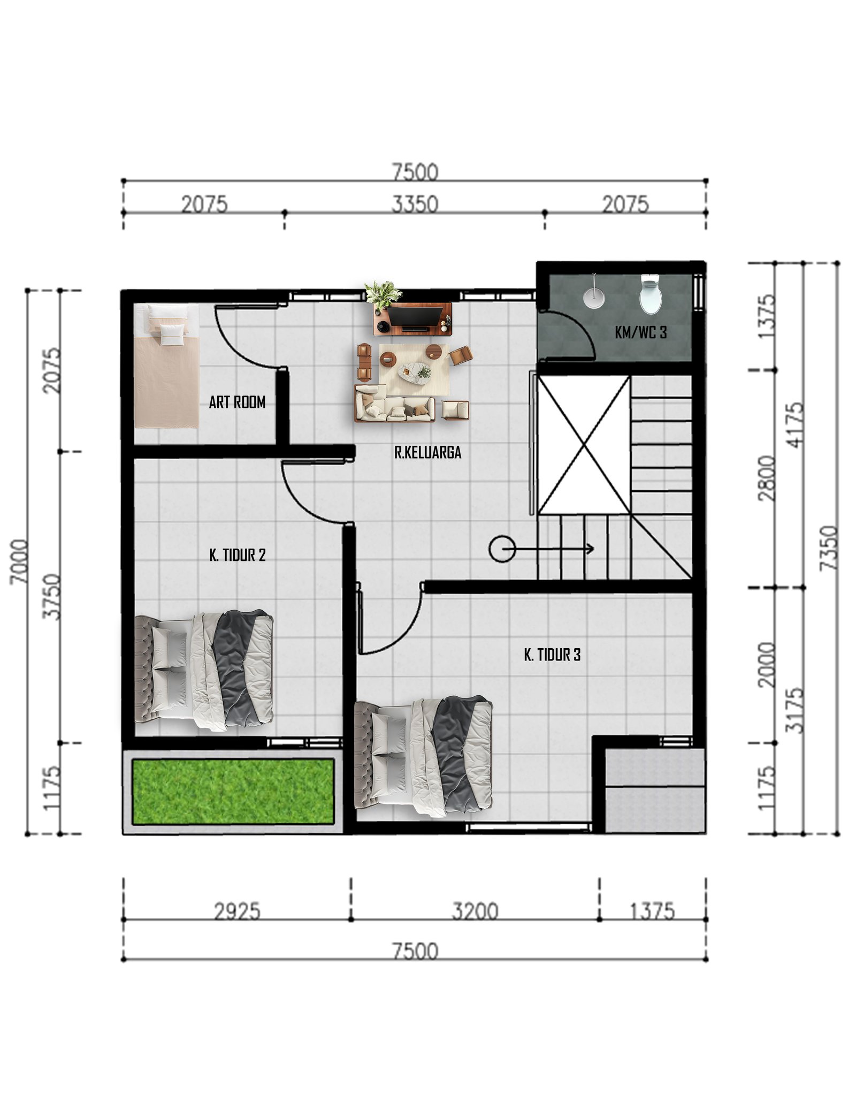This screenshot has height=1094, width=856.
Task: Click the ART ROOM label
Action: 237,402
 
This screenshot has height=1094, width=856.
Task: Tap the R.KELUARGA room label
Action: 427,452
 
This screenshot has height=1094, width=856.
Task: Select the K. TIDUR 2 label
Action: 238,555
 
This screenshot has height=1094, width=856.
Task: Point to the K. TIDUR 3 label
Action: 552,655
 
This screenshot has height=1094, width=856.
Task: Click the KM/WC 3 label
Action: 641,332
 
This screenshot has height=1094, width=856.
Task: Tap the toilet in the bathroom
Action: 651,294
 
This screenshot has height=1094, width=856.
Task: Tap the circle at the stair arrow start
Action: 502,549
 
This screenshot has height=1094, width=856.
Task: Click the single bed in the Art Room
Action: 167,366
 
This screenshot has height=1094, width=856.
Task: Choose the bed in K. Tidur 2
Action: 204,670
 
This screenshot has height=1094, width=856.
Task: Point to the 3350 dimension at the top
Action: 415,204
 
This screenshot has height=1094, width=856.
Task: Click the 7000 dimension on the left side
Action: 19,561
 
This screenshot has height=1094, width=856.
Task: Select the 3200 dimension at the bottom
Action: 475,911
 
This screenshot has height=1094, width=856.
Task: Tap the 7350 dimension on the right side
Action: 829,548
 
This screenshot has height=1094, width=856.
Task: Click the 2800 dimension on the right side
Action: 767,478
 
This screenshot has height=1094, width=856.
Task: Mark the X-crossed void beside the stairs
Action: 584,445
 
